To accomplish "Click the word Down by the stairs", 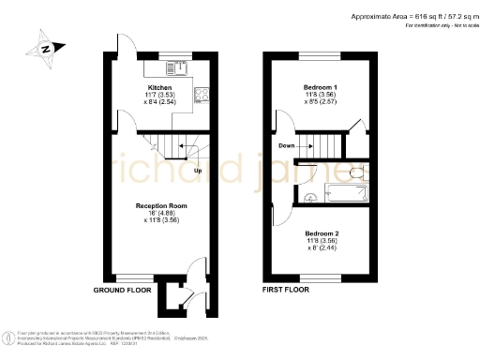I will [288, 145].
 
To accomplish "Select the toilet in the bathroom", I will [354, 173].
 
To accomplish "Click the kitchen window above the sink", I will [174, 54].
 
